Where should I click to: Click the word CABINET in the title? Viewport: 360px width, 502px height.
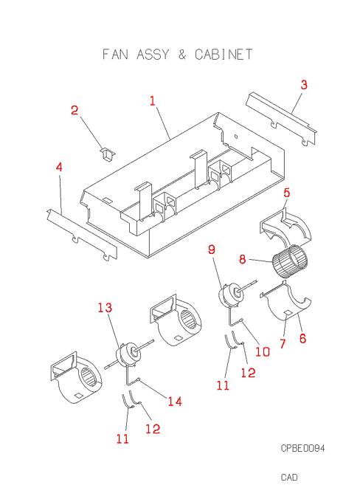(224, 55)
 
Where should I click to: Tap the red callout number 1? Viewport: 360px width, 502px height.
(153, 101)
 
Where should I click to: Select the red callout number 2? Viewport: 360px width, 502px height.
(75, 110)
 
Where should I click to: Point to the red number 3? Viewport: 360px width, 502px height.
(304, 85)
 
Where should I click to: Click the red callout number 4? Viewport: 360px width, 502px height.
(59, 167)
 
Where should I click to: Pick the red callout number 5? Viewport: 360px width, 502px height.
(287, 193)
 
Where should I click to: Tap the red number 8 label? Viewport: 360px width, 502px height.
(243, 259)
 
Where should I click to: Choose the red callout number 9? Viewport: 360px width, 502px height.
(212, 250)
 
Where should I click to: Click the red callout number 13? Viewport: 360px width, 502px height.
(105, 308)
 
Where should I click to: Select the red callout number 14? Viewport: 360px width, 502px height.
(175, 401)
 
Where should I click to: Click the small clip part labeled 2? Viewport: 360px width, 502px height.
(108, 154)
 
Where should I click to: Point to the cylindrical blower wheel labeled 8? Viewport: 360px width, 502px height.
(290, 261)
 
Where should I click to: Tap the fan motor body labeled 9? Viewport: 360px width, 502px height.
(229, 294)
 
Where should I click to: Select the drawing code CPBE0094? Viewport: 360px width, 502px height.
(302, 448)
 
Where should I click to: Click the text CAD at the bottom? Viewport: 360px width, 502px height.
(289, 478)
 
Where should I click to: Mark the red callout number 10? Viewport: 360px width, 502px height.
(263, 352)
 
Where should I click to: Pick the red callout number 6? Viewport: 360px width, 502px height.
(302, 338)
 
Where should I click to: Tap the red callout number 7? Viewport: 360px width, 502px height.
(283, 344)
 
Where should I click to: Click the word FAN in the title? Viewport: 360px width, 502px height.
(115, 55)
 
